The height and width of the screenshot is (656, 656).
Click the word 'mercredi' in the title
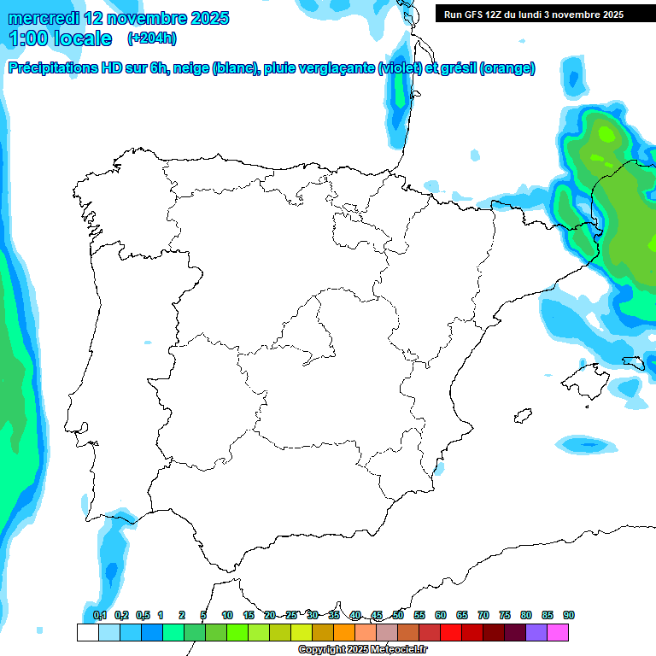(x=44, y=18)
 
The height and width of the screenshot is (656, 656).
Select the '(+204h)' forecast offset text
(x=151, y=38)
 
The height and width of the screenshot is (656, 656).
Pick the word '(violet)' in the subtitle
(x=398, y=68)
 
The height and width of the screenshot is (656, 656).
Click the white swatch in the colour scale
(x=87, y=632)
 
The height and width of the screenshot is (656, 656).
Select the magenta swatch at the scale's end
(x=558, y=632)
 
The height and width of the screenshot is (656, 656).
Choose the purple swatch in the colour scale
(x=536, y=632)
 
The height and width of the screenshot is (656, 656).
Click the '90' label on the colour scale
(x=569, y=615)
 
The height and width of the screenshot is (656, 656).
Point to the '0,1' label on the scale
(x=100, y=615)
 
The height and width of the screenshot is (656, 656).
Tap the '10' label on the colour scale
(x=227, y=615)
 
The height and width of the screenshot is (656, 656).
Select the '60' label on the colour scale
(x=441, y=615)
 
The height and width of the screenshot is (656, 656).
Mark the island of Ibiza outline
(x=523, y=415)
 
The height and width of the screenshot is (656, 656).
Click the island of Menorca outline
(x=633, y=362)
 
